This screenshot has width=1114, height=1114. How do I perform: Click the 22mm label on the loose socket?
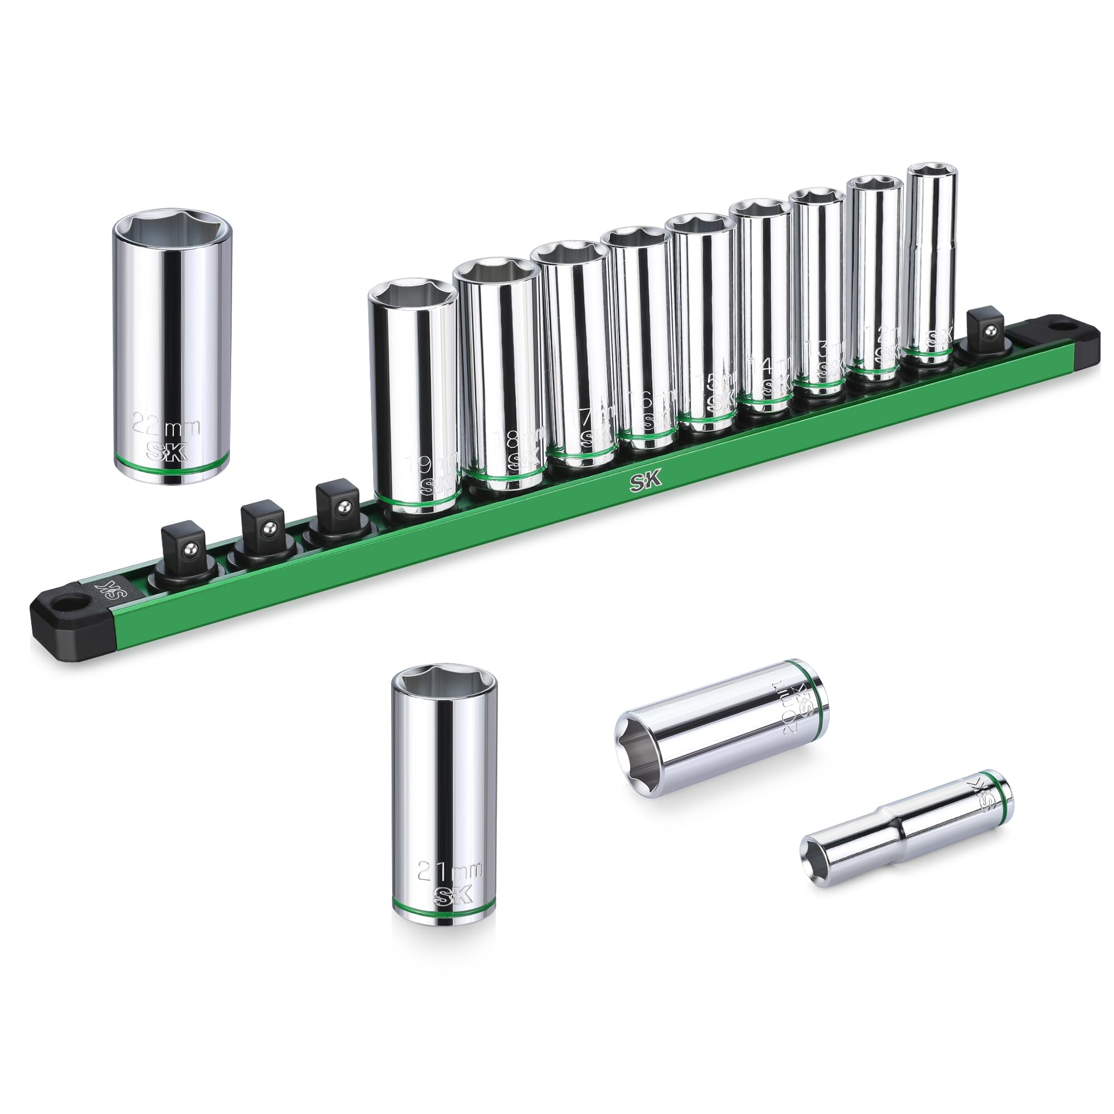pos(166,426)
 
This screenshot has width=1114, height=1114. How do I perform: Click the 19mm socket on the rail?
pos(414,398)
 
